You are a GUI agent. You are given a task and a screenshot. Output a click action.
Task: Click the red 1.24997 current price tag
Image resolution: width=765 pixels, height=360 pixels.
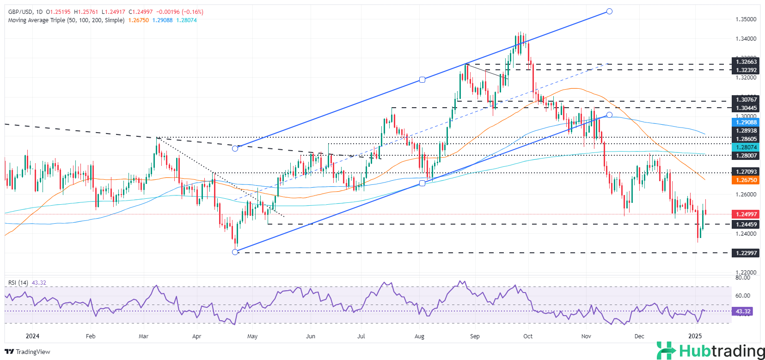coord(746,214)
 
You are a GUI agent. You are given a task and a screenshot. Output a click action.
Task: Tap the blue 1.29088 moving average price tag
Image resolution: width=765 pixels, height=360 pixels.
coord(746,122)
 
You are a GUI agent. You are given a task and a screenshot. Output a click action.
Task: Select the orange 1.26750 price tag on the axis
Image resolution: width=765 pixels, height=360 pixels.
coord(746,180)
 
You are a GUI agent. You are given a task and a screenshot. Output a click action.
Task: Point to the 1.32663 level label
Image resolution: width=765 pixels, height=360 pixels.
coord(746,62)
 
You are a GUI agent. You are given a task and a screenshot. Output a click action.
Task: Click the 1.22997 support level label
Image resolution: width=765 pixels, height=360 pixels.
coord(746,253)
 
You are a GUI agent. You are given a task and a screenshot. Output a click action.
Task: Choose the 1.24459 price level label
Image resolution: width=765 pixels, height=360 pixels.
coord(746,225)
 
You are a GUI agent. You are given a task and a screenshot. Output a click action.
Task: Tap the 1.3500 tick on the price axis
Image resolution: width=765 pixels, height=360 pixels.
coord(746,19)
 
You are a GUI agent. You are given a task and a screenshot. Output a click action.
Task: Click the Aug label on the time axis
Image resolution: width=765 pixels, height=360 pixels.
coord(420,336)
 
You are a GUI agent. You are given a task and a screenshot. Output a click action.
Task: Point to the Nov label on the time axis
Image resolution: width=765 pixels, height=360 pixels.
coord(586,336)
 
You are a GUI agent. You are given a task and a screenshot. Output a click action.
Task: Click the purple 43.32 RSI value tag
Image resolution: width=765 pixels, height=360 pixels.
coord(743,311)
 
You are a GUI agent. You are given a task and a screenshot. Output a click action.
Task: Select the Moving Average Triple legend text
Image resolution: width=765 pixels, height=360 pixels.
coord(66,20)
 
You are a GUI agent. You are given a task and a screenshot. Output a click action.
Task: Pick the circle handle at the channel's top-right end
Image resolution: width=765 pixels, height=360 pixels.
coord(609,11)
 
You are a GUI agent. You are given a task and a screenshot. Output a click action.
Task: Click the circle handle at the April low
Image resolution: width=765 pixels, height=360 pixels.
coord(235,252)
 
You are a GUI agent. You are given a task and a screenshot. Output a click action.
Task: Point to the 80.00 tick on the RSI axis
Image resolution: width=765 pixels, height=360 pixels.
coord(742,278)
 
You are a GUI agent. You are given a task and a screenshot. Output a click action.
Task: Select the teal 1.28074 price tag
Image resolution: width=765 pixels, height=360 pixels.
coord(746,147)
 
